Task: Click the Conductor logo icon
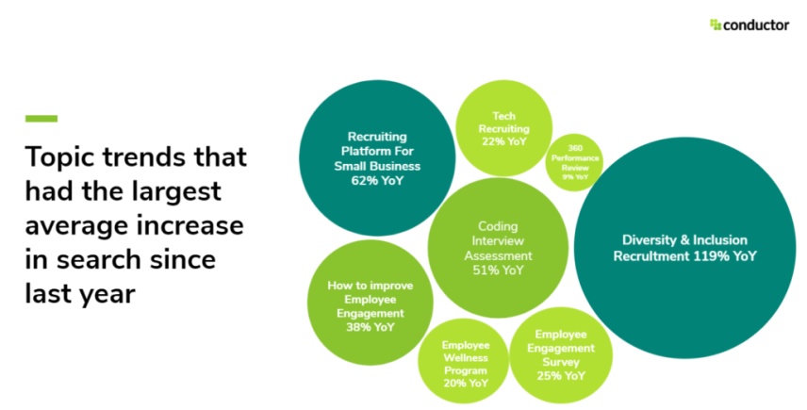(716, 25)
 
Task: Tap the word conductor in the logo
(756, 25)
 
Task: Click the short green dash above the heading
(41, 119)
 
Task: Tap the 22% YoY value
(503, 141)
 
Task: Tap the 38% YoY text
(365, 327)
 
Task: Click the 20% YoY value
(465, 384)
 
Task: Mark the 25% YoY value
(562, 374)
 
